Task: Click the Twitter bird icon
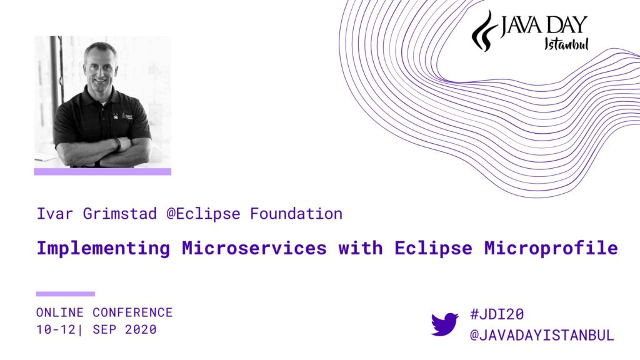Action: click(x=444, y=324)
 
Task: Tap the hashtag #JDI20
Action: click(x=497, y=314)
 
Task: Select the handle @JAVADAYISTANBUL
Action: click(x=542, y=335)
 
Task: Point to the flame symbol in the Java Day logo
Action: click(x=484, y=31)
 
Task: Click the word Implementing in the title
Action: click(x=103, y=248)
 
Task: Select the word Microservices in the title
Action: click(x=254, y=247)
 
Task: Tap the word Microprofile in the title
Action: click(x=551, y=247)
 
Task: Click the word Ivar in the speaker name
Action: click(x=55, y=214)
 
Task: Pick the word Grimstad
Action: click(x=119, y=214)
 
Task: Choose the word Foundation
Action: click(x=296, y=214)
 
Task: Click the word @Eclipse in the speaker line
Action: click(x=203, y=214)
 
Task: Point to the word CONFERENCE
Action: click(x=132, y=312)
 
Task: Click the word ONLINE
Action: click(x=59, y=312)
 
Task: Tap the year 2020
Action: click(x=141, y=329)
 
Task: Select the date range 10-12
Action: click(x=56, y=329)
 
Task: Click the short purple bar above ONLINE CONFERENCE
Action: click(x=65, y=294)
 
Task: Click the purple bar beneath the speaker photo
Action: click(x=102, y=171)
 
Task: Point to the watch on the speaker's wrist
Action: click(x=117, y=144)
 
